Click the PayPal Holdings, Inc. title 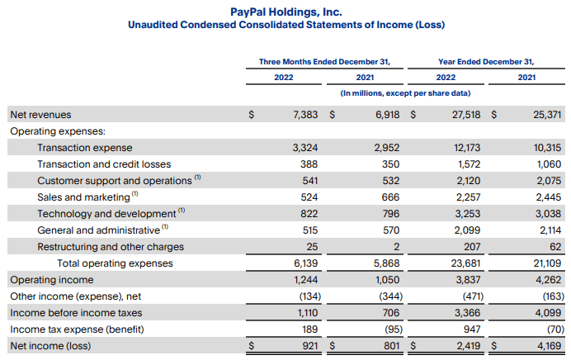[286, 12]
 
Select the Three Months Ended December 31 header [324, 62]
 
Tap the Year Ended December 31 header [486, 62]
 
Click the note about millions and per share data [405, 93]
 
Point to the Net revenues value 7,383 [305, 115]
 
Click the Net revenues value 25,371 [547, 115]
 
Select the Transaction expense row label [85, 148]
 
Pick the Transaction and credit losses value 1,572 [469, 164]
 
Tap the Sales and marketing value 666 [391, 197]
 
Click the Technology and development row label [106, 214]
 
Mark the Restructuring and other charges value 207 [472, 247]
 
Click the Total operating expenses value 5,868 [387, 263]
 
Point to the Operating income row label [52, 280]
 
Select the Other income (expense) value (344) [391, 296]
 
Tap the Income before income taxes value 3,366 [468, 313]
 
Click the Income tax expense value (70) [555, 329]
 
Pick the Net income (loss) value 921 [310, 346]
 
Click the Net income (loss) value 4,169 [550, 346]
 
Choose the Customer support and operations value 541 [309, 181]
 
